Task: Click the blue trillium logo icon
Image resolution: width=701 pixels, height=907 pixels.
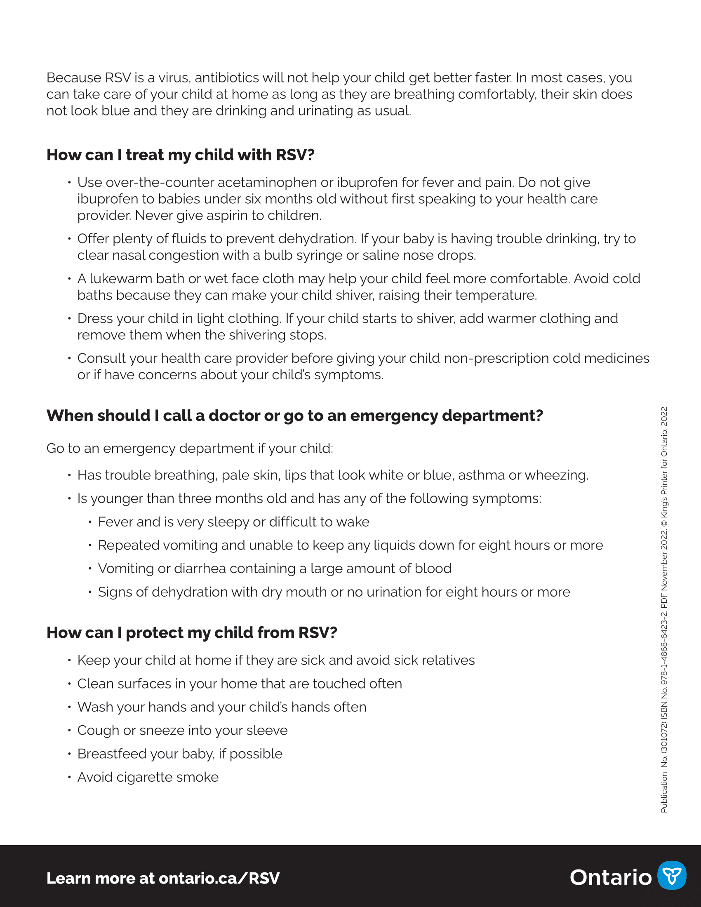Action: click(671, 874)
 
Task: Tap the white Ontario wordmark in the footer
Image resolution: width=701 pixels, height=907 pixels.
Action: click(610, 877)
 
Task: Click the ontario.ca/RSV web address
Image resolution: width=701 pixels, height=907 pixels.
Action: click(219, 878)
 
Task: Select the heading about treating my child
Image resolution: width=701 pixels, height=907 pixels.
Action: click(180, 155)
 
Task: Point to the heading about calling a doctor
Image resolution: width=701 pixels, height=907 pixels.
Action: click(294, 415)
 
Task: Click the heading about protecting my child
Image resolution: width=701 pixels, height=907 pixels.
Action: click(191, 632)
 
